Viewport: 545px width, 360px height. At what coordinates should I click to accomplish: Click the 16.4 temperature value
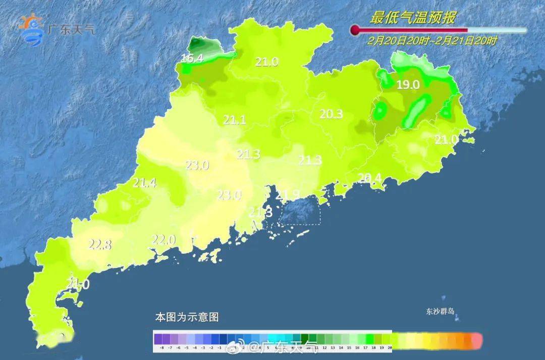click(x=192, y=59)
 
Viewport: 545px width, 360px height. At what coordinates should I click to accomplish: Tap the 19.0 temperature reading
click(x=408, y=85)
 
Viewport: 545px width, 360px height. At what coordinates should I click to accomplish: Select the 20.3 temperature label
click(x=331, y=115)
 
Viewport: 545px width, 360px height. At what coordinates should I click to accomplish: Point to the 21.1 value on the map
click(x=235, y=120)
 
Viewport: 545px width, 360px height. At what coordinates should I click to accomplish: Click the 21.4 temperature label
click(x=145, y=183)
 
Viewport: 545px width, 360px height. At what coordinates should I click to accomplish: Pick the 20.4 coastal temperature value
click(x=369, y=177)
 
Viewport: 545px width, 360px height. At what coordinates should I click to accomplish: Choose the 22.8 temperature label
click(x=100, y=244)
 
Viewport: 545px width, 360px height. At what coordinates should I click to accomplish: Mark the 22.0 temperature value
click(x=164, y=240)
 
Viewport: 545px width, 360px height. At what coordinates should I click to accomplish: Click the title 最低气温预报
click(x=413, y=18)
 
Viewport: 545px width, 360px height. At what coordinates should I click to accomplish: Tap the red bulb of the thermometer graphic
click(x=355, y=30)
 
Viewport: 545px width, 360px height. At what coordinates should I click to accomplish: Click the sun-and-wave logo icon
click(x=31, y=29)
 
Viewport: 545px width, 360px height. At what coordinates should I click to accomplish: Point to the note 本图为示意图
click(x=187, y=318)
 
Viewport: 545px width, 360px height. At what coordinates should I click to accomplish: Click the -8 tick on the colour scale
click(x=161, y=348)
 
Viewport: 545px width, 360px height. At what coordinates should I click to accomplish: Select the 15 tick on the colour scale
click(x=349, y=348)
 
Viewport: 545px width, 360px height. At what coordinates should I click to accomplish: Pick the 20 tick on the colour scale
click(x=390, y=348)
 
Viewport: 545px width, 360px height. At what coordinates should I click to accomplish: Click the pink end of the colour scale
click(x=475, y=340)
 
